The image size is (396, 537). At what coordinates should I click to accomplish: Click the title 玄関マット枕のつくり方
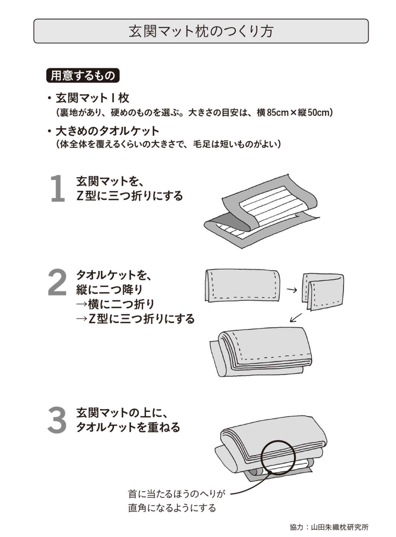pos(200,31)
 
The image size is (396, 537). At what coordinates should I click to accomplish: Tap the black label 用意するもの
pos(83,75)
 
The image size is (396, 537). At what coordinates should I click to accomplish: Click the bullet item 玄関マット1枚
pos(92,98)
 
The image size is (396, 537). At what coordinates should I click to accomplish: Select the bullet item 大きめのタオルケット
pos(107,131)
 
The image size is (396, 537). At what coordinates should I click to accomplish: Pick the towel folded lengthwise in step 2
pos(242,285)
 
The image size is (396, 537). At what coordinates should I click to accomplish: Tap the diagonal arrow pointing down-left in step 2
pos(296,317)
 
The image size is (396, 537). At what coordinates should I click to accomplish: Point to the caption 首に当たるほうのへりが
pos(176,494)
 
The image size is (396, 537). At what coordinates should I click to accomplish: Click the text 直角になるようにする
pos(172,508)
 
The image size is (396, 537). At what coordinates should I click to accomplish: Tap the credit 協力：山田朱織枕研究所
pos(329,527)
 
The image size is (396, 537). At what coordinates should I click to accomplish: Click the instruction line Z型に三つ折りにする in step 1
pos(129,196)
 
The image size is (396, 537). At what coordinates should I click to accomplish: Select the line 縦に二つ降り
pos(109,289)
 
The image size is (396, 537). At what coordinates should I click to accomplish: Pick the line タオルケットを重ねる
pos(128,427)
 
